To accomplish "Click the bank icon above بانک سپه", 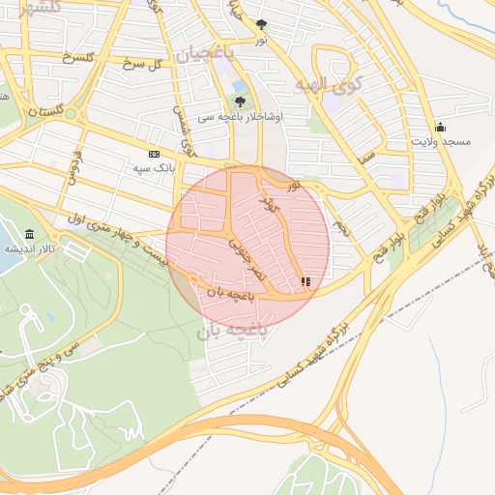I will tap(154, 154).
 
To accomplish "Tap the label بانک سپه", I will tap(154, 167).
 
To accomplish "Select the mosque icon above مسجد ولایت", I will tap(441, 127).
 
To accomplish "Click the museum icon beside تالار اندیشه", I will tap(30, 235).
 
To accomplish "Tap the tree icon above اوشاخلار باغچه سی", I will tap(240, 101).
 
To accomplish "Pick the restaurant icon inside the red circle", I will tap(306, 281).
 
